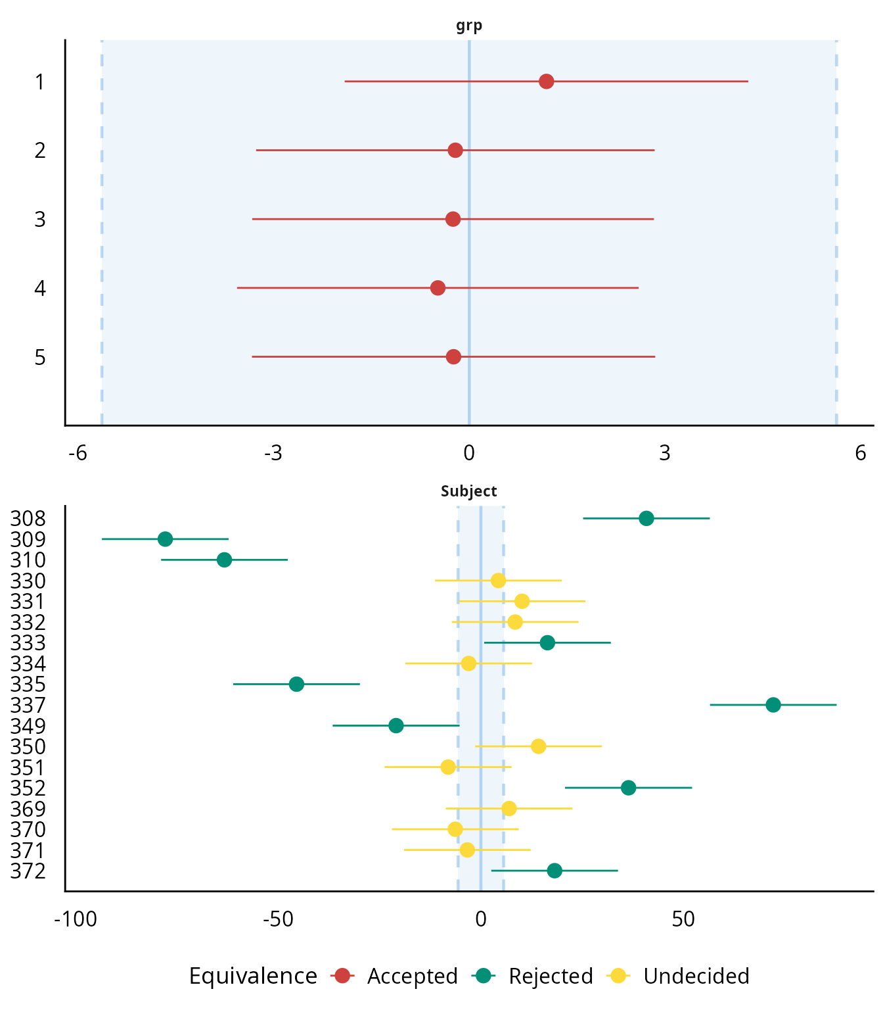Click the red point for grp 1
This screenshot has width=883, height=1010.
tap(546, 82)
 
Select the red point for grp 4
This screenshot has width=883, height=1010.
tap(438, 288)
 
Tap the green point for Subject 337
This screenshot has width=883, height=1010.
tap(773, 705)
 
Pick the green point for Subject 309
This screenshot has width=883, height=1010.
tap(166, 539)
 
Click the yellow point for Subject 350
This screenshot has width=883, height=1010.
tap(539, 746)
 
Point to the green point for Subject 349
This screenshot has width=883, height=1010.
tap(396, 726)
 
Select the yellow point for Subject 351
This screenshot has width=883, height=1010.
tap(448, 767)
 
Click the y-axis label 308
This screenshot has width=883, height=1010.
tap(28, 519)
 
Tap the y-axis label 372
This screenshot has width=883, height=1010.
tap(28, 871)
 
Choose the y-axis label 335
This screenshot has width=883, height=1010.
tap(28, 685)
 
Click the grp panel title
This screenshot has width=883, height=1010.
tap(469, 26)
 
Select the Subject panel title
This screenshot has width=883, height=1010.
tap(469, 491)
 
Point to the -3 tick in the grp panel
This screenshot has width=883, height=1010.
tap(273, 453)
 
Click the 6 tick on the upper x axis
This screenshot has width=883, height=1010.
tap(861, 453)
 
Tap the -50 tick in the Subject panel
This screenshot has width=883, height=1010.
tap(278, 919)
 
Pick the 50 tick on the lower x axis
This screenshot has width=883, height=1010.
tap(683, 919)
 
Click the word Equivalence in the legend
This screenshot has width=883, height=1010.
tap(253, 976)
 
